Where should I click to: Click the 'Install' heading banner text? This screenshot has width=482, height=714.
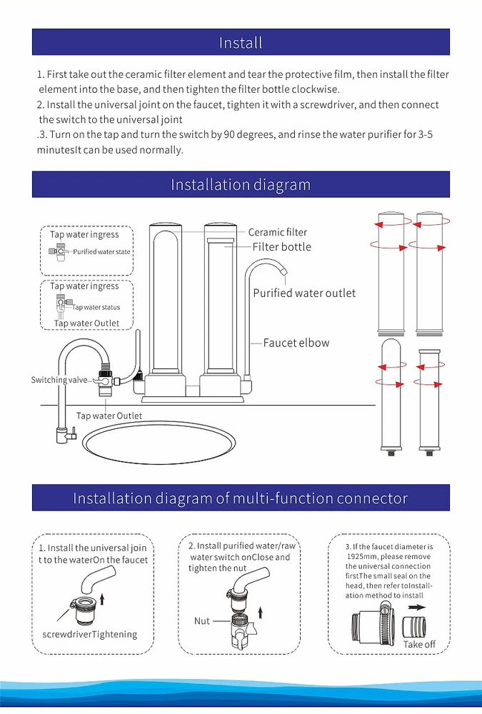[x=241, y=43]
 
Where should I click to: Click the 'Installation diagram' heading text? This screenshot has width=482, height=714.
[x=241, y=185]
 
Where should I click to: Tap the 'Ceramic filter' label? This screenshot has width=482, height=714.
[x=278, y=232]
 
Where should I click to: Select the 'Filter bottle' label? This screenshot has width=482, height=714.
[x=282, y=247]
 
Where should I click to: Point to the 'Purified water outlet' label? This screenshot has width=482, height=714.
[x=304, y=293]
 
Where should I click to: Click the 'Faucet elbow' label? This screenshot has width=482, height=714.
[x=296, y=343]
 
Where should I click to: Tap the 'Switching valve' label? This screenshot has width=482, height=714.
[x=59, y=381]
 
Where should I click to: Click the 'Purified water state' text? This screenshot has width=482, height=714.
[x=101, y=252]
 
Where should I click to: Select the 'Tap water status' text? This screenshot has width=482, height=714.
[x=96, y=308]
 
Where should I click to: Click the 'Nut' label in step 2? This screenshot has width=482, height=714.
[x=202, y=621]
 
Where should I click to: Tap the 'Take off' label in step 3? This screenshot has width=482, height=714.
[x=419, y=644]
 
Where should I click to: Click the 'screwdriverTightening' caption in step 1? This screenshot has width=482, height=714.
[x=85, y=634]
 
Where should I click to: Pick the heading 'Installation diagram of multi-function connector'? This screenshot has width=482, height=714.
[x=241, y=498]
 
